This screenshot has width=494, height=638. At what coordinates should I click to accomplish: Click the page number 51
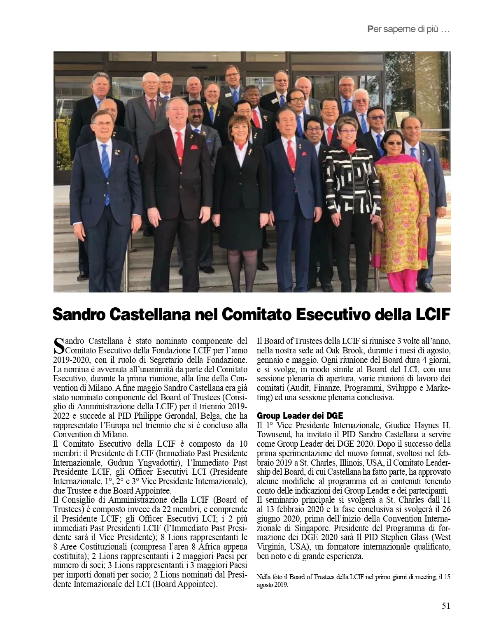coord(446,606)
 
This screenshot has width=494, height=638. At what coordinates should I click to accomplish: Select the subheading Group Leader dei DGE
coord(300,415)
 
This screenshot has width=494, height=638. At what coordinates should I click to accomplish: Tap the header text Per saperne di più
coord(408,30)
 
